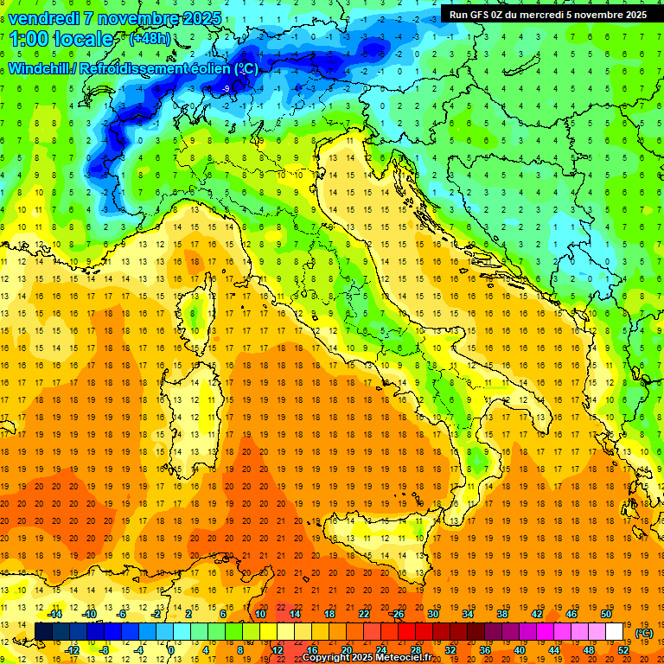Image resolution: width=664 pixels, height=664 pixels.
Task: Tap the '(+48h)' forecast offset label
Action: (150, 39)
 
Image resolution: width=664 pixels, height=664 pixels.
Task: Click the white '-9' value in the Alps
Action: (226, 89)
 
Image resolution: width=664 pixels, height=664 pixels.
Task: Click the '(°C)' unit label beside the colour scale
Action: (644, 633)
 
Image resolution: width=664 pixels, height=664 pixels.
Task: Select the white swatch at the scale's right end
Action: (615, 631)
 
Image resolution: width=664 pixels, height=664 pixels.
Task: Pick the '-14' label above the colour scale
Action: (54, 614)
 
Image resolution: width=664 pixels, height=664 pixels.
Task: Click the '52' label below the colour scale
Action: (623, 649)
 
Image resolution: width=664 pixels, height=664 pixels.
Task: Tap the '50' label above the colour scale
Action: (605, 614)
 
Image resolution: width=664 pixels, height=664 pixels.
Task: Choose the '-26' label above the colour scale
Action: (396, 614)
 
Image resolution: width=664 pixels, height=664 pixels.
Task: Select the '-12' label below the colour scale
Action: (73, 649)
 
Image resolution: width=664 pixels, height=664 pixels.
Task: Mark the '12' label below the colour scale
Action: (278, 649)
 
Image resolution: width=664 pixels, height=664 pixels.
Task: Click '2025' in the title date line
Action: (202, 18)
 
